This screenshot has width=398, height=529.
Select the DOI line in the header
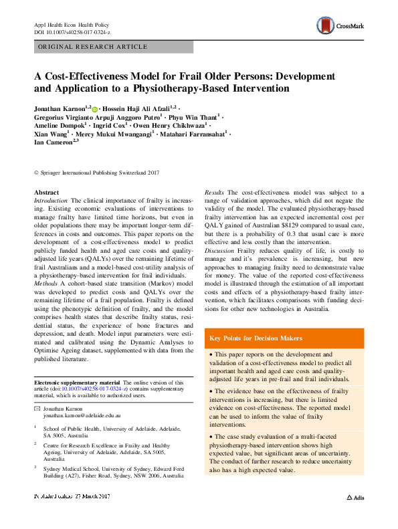tap(72, 33)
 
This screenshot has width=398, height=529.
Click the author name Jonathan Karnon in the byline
tap(60, 108)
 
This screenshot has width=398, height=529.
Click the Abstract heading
tap(46, 193)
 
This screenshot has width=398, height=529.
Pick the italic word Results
tap(215, 193)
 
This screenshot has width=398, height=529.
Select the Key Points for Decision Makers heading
tap(256, 338)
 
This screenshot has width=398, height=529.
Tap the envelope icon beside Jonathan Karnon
tap(37, 408)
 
